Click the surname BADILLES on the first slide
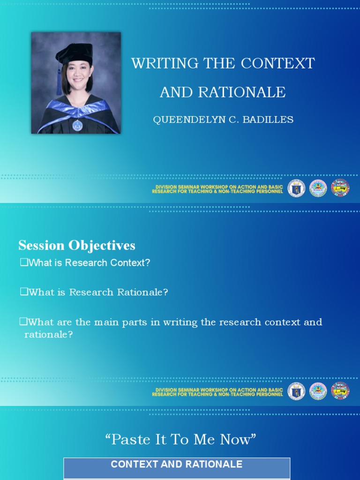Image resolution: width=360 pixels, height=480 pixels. (270, 120)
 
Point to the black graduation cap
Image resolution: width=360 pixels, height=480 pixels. (75, 52)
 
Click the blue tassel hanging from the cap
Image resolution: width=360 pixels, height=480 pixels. (60, 82)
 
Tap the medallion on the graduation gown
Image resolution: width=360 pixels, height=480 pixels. (77, 125)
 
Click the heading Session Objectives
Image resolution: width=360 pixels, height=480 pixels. (77, 245)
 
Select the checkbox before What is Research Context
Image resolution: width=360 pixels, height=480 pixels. (23, 262)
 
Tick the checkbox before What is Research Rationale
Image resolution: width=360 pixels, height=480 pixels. (23, 292)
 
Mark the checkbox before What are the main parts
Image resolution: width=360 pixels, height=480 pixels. (23, 322)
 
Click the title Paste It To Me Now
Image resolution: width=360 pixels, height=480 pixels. (180, 440)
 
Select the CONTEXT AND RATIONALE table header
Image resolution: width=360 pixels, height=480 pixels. (177, 465)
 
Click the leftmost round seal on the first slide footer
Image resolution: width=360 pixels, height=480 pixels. (296, 188)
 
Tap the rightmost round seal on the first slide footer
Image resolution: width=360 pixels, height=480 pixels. (340, 188)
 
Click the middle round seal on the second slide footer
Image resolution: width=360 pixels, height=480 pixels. (318, 391)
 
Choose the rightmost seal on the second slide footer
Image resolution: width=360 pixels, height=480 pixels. (340, 391)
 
